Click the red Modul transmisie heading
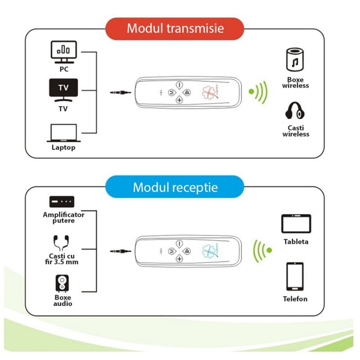[x=175, y=28]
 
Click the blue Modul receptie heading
[x=175, y=187]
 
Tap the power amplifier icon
[x=62, y=202]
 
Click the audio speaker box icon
[x=63, y=283]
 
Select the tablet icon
[x=296, y=224]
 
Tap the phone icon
[x=295, y=276]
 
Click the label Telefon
[x=295, y=299]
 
